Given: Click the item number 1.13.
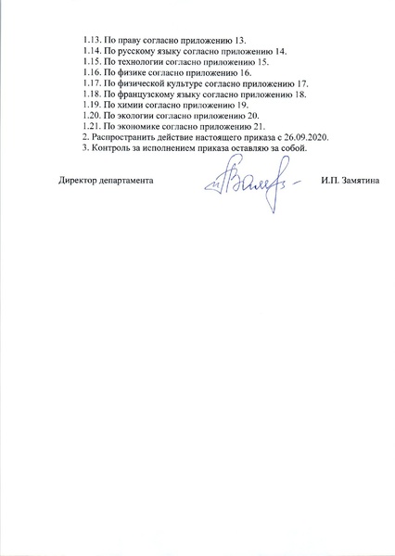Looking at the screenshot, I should coord(93,40).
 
